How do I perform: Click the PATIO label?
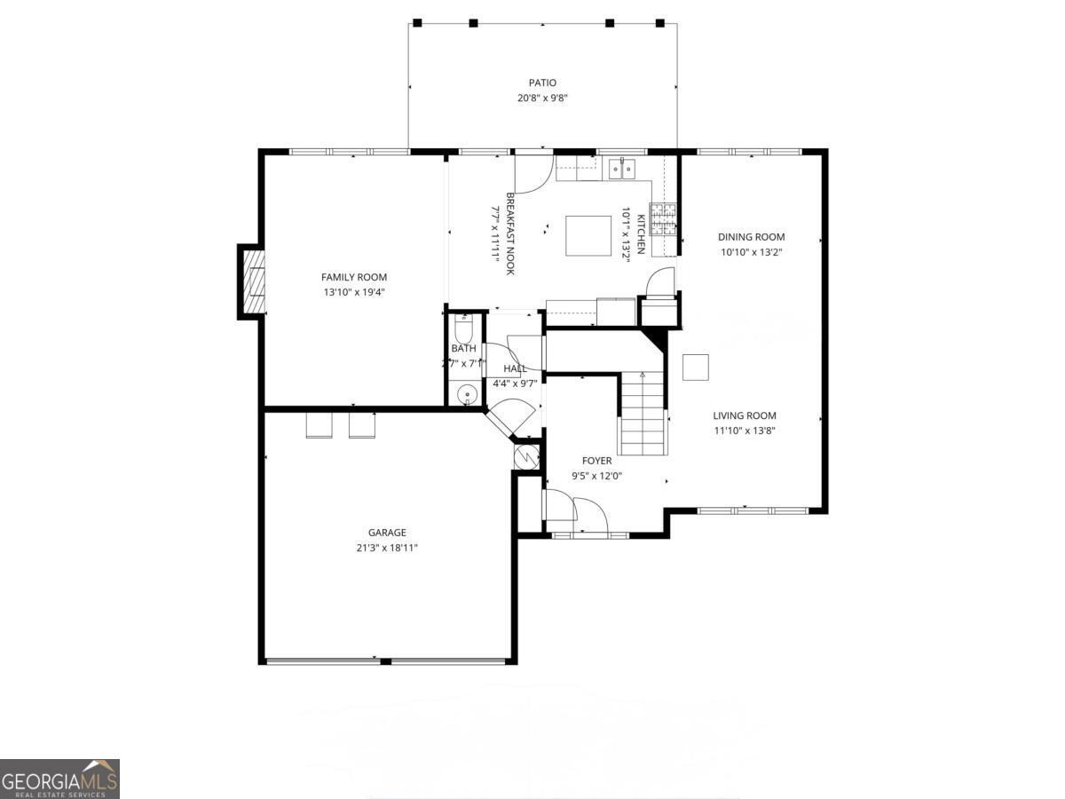(x=542, y=83)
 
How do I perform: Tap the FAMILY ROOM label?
(x=354, y=277)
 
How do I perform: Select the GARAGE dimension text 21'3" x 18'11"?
(x=387, y=548)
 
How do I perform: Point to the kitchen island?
(x=588, y=235)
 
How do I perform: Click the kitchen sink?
(x=620, y=167)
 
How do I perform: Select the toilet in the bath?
(x=464, y=329)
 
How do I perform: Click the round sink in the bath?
(x=466, y=395)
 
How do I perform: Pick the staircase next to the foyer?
(x=643, y=413)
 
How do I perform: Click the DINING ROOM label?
(x=751, y=237)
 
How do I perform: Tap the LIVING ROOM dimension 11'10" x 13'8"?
(x=745, y=431)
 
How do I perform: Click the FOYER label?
(x=596, y=461)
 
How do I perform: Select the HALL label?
(x=515, y=368)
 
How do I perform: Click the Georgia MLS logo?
(x=59, y=779)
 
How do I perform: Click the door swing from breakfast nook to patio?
(x=535, y=174)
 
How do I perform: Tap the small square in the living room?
(x=695, y=367)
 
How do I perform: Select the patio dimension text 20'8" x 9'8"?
(x=542, y=98)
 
